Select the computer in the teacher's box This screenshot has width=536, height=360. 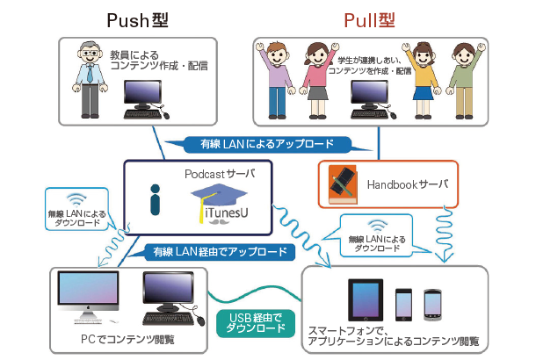(x=143, y=95)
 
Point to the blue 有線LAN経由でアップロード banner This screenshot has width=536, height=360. (x=220, y=252)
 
